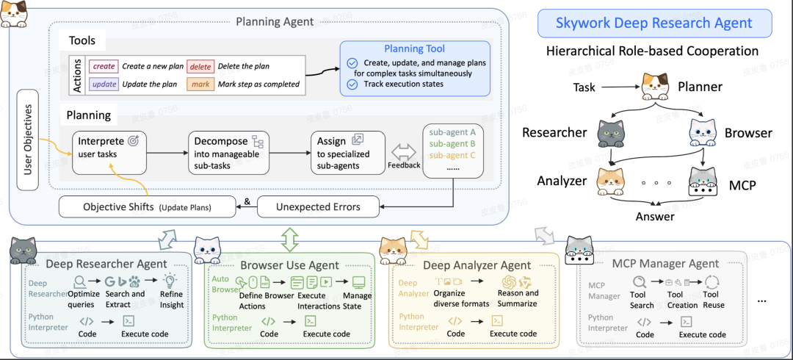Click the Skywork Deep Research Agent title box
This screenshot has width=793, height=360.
(655, 23)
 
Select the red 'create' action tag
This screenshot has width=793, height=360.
(104, 66)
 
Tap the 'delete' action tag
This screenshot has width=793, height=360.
(200, 66)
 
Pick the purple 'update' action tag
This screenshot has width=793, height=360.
(104, 84)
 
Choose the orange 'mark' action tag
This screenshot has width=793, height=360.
(200, 84)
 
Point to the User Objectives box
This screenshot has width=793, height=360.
(28, 138)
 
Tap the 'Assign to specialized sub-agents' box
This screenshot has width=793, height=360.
(347, 151)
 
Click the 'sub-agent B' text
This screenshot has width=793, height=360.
(452, 143)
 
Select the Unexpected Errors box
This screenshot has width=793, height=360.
(318, 206)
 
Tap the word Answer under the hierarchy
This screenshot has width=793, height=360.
(653, 216)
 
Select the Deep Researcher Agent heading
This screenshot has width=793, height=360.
(106, 264)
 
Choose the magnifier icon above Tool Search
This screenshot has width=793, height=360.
(640, 281)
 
